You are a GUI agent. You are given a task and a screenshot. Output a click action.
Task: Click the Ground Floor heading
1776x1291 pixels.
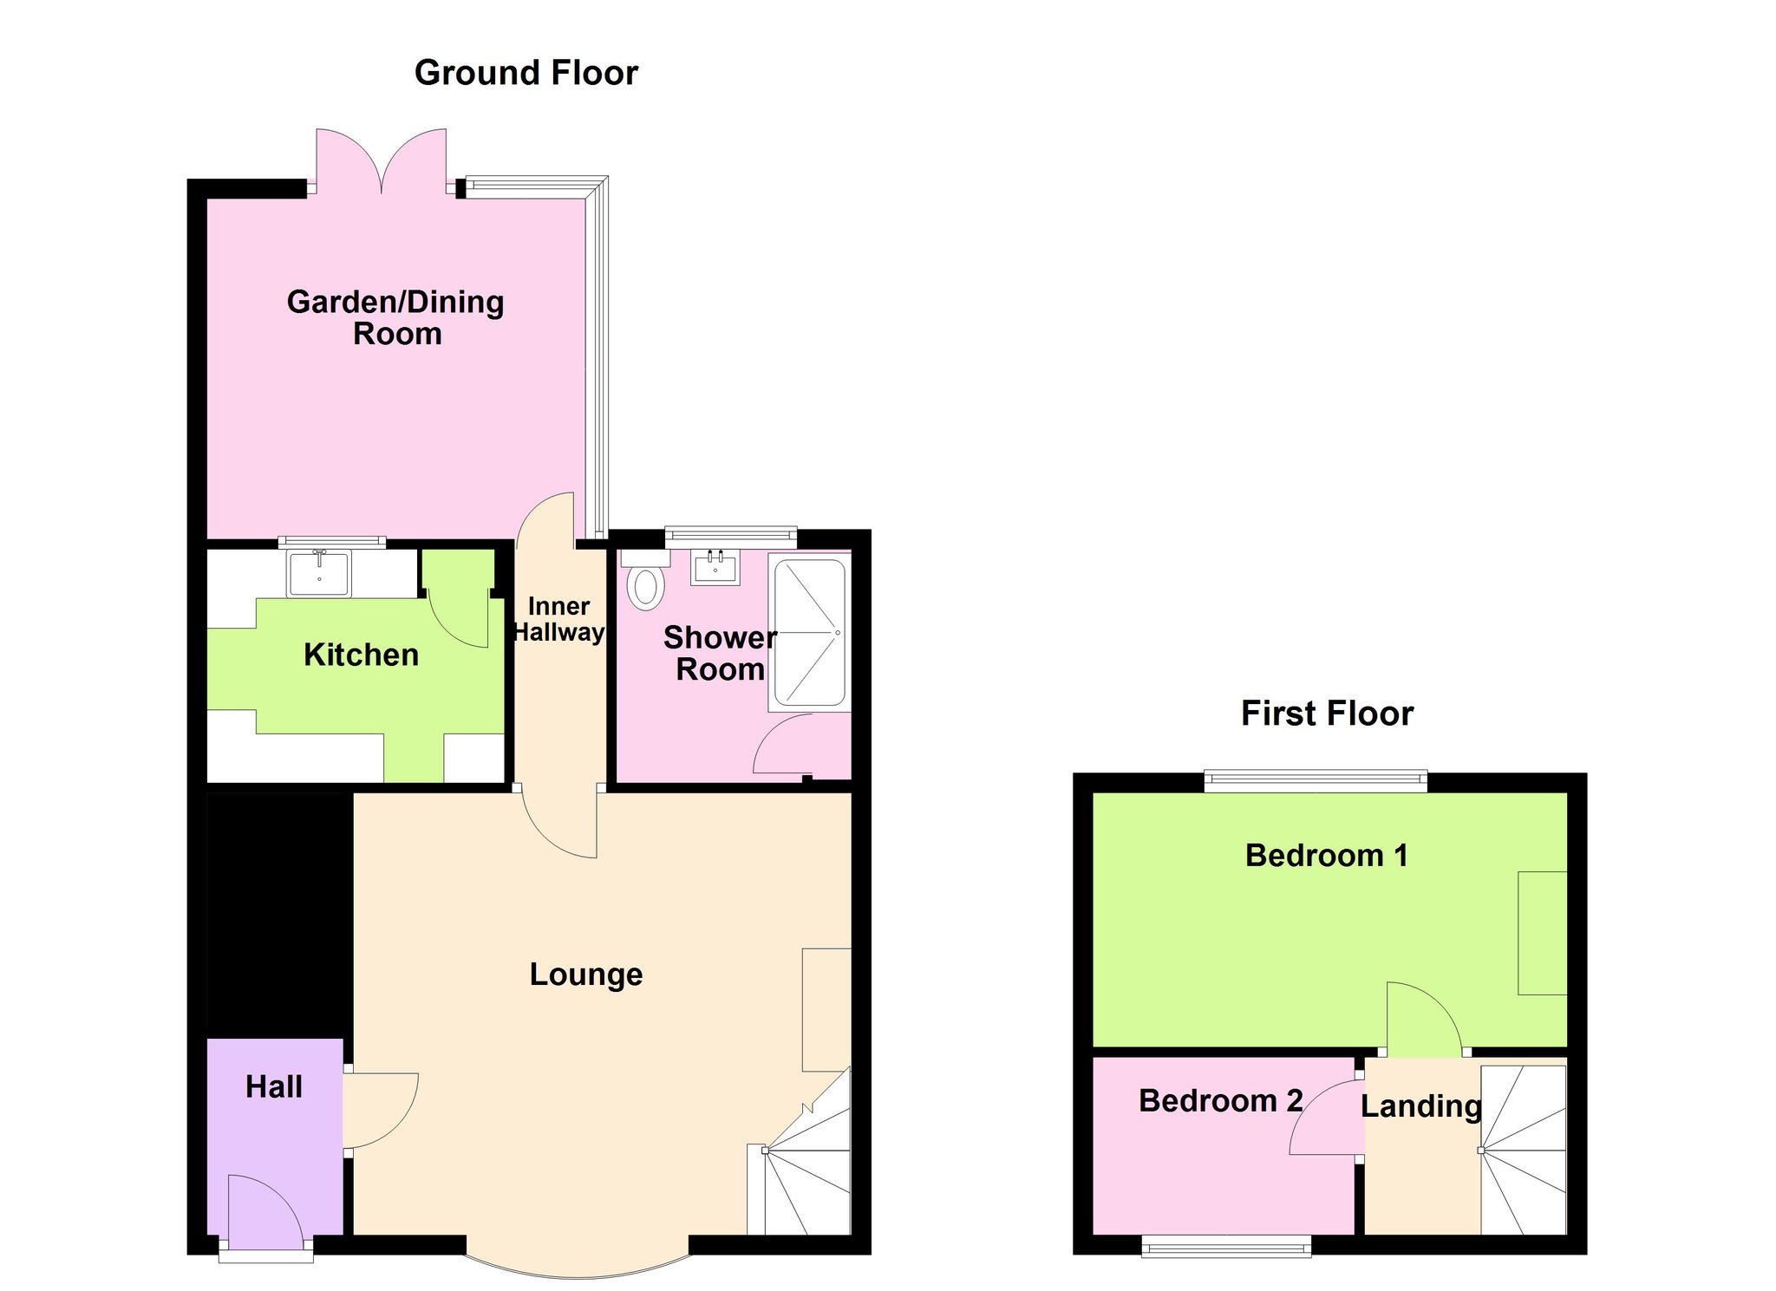point(526,73)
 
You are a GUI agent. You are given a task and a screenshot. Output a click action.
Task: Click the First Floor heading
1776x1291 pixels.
point(1327,714)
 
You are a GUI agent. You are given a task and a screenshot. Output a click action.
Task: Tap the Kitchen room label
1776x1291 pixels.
point(361,655)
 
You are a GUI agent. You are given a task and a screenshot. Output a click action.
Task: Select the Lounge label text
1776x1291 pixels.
point(586,975)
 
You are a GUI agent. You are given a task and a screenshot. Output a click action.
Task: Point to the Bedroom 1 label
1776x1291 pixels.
point(1326,856)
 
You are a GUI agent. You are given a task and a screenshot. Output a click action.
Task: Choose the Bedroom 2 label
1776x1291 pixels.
point(1220,1101)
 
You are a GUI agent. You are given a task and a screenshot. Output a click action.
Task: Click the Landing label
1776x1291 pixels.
point(1420,1107)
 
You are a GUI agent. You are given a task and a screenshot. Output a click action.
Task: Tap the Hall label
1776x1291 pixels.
point(274,1087)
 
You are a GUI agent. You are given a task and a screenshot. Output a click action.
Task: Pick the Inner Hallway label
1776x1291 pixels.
point(558,619)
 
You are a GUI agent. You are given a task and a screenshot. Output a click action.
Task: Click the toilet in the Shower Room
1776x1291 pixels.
point(645,580)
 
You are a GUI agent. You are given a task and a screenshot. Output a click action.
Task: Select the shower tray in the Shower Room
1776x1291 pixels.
point(809,632)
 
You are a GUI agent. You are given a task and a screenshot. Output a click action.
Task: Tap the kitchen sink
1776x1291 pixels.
point(319,573)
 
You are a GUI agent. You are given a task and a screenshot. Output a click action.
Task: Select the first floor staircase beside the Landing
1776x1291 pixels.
point(1524,1150)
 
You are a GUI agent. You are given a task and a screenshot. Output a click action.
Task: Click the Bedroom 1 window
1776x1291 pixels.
point(1316,781)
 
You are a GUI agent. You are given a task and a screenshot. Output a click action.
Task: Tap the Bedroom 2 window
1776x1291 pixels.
point(1226,1246)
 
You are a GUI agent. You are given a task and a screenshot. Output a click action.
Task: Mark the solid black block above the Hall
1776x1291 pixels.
point(279,915)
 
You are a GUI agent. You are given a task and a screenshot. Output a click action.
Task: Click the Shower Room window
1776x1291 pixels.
point(730,537)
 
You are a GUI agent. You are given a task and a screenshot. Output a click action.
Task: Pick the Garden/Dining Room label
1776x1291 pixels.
point(396,318)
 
